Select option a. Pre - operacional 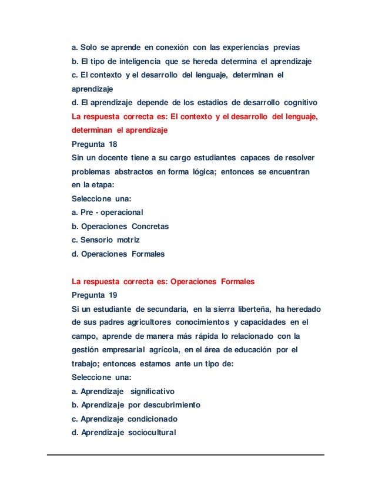(107, 212)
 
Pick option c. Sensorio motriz (106, 240)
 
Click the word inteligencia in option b (132, 61)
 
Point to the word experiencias (243, 47)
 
